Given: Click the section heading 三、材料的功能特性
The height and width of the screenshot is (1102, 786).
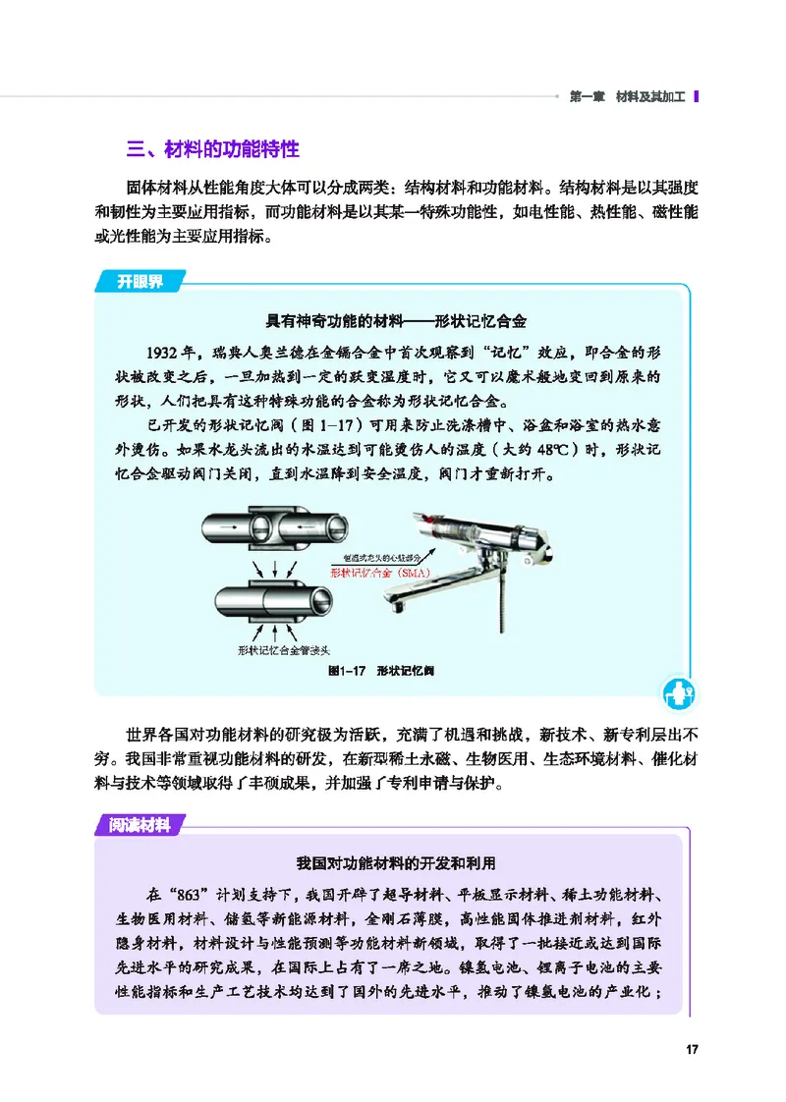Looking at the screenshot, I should (213, 149).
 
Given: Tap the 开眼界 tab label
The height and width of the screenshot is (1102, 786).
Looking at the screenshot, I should (140, 282).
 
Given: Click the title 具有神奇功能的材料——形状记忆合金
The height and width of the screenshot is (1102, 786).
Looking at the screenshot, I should (397, 322).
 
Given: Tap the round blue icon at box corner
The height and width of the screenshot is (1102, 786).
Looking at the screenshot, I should (677, 693).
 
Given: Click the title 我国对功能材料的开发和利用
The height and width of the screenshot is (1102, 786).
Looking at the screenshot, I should (396, 864).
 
